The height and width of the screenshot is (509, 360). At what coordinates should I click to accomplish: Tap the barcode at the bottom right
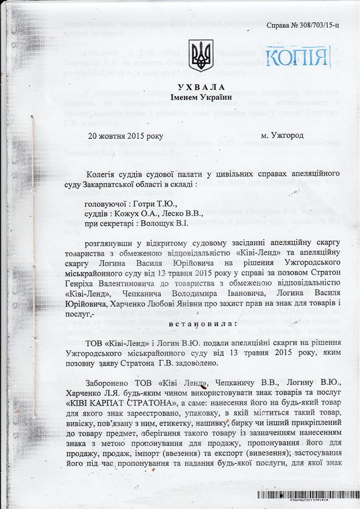pyautogui.click(x=307, y=495)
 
